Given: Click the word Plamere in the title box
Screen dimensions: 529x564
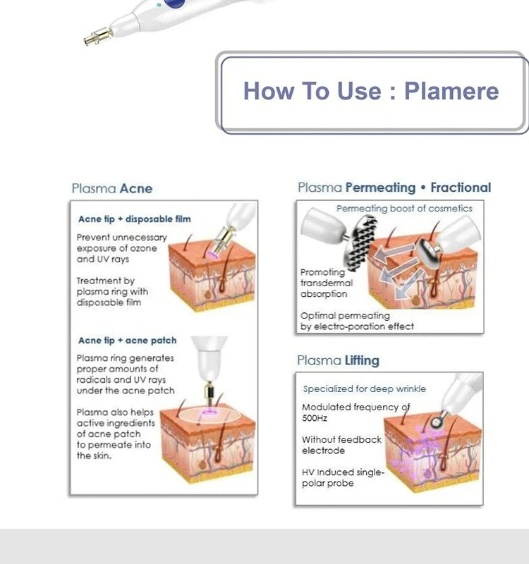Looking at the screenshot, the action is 451,91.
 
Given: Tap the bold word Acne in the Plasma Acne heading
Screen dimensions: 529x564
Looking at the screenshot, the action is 136,188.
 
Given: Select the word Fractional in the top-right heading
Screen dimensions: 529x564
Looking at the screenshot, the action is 461,188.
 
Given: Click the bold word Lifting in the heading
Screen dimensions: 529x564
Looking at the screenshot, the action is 362,360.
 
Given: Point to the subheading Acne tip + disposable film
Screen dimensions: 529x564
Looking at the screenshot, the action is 135,219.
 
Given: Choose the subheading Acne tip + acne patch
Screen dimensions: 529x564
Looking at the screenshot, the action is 128,341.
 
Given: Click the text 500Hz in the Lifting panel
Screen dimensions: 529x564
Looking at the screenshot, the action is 315,418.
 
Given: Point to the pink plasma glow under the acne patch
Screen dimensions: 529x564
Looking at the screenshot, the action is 209,412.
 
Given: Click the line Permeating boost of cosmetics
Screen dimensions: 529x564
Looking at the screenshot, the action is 404,209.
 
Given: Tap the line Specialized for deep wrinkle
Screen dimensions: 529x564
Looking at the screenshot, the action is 365,389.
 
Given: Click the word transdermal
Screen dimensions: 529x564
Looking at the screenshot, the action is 327,283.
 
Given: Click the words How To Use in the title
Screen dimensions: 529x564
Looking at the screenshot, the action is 312,91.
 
